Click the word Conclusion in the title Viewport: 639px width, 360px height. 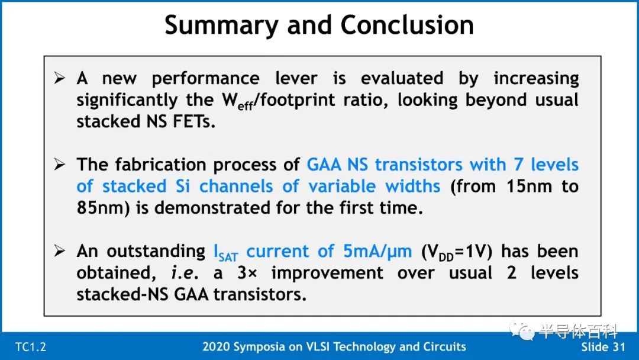pyautogui.click(x=407, y=25)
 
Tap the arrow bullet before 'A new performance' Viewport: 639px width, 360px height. pyautogui.click(x=60, y=78)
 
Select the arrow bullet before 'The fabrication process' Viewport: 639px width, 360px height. pyautogui.click(x=60, y=164)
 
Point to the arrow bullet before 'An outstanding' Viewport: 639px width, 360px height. pyautogui.click(x=60, y=250)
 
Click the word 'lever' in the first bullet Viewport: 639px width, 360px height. pyautogui.click(x=296, y=78)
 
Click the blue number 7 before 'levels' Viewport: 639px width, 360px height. pyautogui.click(x=518, y=164)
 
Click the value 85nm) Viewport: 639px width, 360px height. pyautogui.click(x=103, y=207)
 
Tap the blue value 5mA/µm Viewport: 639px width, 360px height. pyautogui.click(x=377, y=252)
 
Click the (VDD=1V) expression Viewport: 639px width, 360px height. pyautogui.click(x=457, y=252)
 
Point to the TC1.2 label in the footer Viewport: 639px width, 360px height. pyautogui.click(x=31, y=347)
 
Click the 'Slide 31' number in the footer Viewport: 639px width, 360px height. pyautogui.click(x=603, y=347)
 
